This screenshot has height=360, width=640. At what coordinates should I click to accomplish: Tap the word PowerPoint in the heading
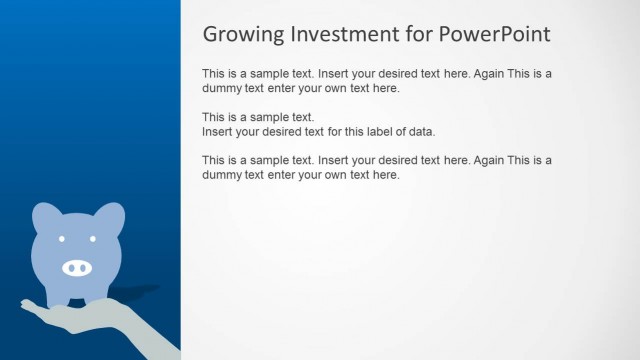pyautogui.click(x=495, y=34)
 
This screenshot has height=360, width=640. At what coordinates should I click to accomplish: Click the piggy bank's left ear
pyautogui.click(x=45, y=215)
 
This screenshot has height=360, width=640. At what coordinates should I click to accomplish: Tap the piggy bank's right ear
pyautogui.click(x=111, y=215)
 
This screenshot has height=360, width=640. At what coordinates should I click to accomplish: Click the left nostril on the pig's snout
pyautogui.click(x=71, y=268)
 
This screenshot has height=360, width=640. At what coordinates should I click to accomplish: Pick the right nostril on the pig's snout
pyautogui.click(x=84, y=268)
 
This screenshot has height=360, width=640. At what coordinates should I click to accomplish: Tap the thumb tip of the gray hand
pyautogui.click(x=24, y=303)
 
